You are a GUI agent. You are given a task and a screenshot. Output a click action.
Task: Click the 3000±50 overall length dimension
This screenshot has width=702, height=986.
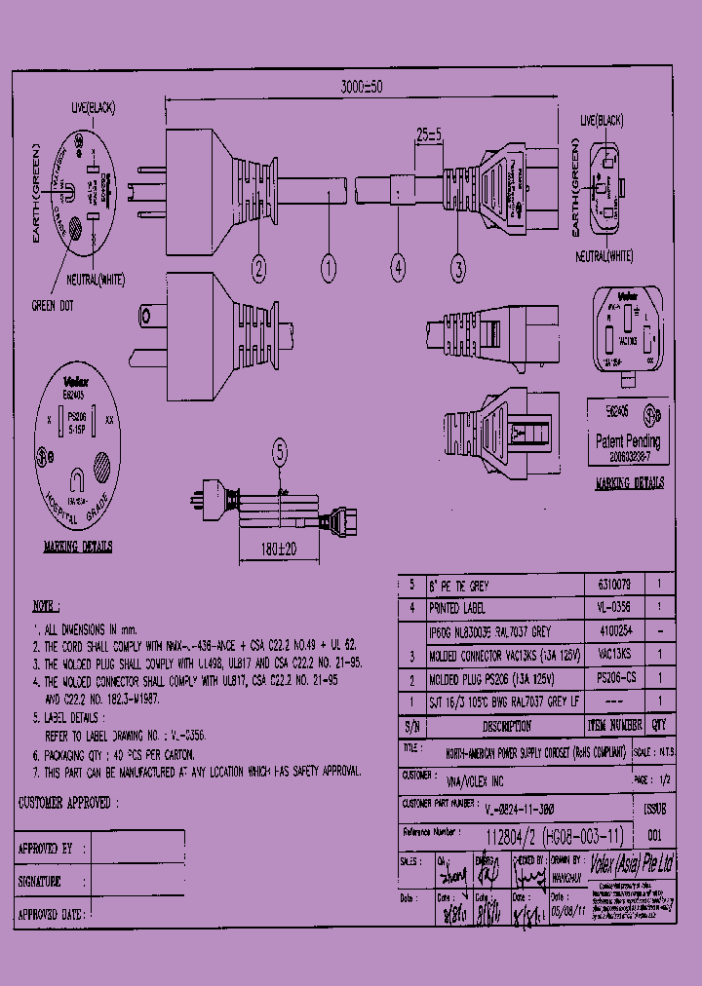click(362, 87)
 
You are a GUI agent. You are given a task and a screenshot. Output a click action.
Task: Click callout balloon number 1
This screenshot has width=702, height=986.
click(329, 265)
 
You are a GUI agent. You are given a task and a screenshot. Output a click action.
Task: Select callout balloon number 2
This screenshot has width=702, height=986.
click(258, 265)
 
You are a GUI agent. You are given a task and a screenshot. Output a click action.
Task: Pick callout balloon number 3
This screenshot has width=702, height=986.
click(459, 265)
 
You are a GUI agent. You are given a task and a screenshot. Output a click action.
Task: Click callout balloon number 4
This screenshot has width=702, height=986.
click(398, 265)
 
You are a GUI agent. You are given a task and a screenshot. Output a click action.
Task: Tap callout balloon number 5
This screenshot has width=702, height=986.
click(280, 451)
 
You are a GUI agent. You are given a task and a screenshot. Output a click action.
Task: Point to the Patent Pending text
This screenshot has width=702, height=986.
click(628, 440)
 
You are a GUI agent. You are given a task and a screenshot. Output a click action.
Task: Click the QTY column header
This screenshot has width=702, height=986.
click(658, 726)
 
